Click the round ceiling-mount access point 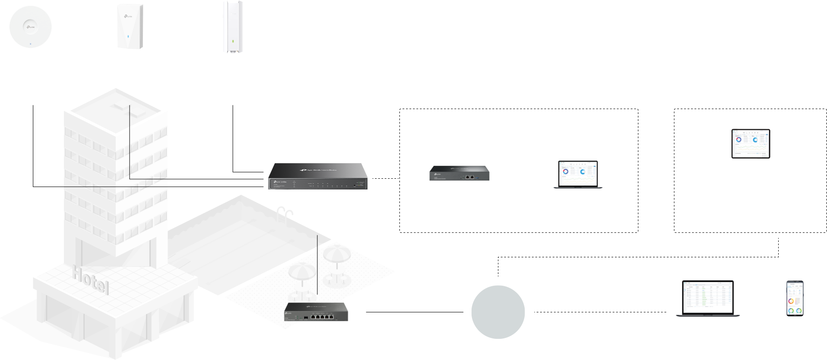[x=31, y=27]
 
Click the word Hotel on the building [x=90, y=279]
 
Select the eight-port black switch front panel [x=317, y=185]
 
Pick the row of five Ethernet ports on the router [x=320, y=317]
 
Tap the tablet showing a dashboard [x=750, y=144]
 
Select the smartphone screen [x=795, y=298]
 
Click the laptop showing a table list [x=707, y=298]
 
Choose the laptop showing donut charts [x=578, y=174]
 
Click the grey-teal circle [x=497, y=312]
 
